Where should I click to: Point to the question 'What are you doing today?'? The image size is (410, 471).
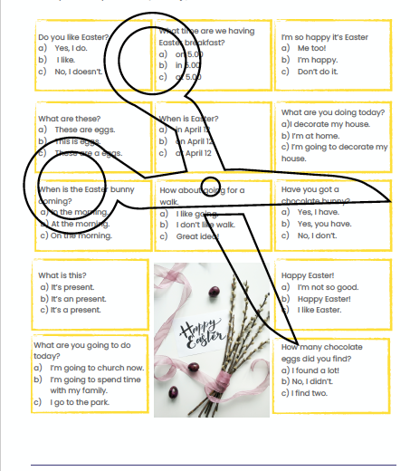tap(332, 113)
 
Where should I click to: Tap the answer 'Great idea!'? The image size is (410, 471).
tap(199, 235)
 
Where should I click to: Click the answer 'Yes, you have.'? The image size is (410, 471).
tap(326, 224)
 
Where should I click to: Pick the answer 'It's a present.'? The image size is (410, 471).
tap(72, 309)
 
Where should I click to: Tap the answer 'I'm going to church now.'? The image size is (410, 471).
tap(96, 368)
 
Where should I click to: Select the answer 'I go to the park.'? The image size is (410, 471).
tap(82, 401)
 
